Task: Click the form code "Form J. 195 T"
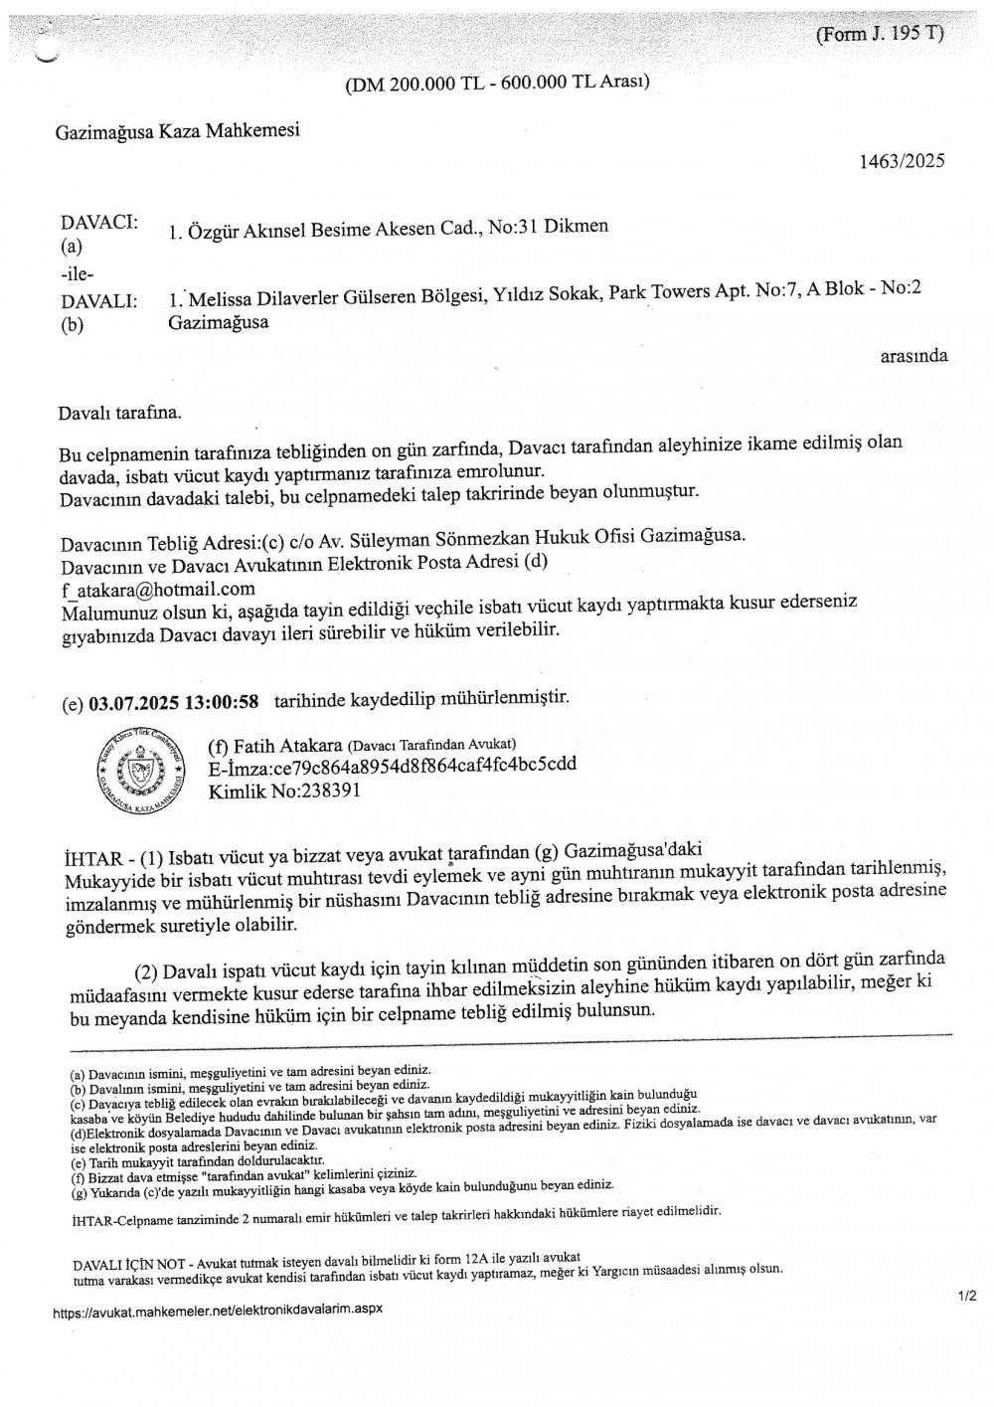tap(879, 33)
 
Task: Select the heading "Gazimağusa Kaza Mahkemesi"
tap(177, 130)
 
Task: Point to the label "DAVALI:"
tap(98, 300)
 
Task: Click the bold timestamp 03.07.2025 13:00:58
tap(174, 701)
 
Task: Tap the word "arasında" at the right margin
tap(913, 355)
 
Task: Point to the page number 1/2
tap(967, 1297)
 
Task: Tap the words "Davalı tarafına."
tap(121, 410)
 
